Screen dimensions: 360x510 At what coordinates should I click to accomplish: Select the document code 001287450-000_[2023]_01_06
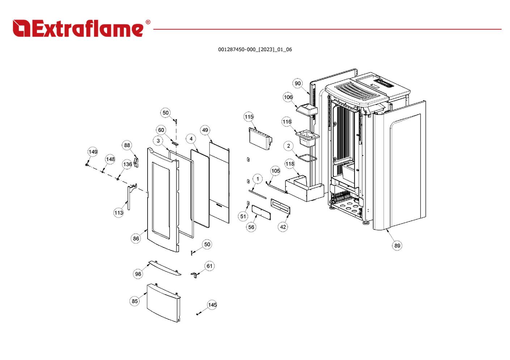coord(255,50)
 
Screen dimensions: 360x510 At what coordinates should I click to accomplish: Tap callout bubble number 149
coord(93,152)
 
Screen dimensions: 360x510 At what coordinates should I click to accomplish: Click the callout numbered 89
coord(397,246)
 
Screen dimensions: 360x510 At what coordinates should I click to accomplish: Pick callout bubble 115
coord(249,117)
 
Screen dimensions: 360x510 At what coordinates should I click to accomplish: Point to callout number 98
coord(138,274)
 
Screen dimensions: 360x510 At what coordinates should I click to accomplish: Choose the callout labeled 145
coord(212,305)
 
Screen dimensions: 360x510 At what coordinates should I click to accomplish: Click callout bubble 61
coord(209,266)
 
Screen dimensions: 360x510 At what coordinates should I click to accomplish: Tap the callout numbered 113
coord(119,213)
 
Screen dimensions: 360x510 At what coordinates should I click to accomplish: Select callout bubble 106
coord(288,97)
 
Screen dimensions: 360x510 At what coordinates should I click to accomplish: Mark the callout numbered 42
coord(283,227)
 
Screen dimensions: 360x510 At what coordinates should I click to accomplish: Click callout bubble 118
coord(290,164)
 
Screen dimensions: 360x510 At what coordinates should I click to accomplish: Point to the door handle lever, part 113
coord(129,197)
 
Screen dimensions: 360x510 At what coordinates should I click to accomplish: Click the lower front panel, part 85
coord(163,303)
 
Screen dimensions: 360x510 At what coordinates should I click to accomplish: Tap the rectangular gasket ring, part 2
coord(307,158)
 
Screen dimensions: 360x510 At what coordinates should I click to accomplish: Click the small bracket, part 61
coord(195,275)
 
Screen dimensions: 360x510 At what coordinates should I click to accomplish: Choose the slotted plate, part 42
coord(280,206)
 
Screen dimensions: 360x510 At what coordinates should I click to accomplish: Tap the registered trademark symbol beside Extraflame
coord(148,22)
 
